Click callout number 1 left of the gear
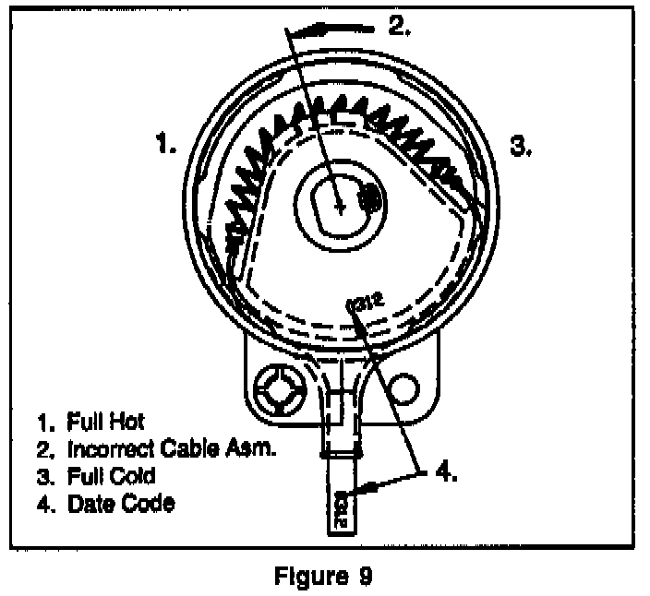coord(166,144)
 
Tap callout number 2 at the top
coord(399,25)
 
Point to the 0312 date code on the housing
coord(363,301)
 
